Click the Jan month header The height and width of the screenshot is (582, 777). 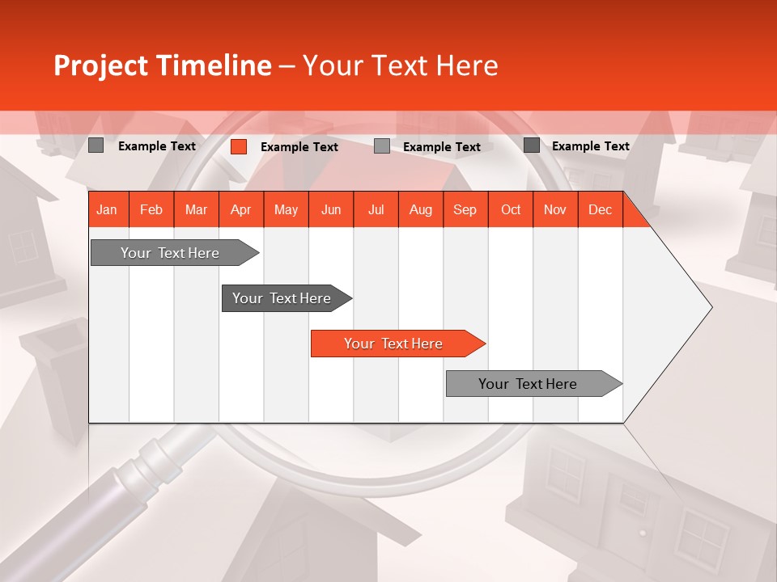(107, 210)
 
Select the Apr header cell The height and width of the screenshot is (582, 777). (240, 210)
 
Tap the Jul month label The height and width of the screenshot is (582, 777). (376, 210)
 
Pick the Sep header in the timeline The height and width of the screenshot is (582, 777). (465, 210)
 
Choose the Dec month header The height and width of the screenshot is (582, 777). (600, 210)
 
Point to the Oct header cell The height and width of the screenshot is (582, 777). (510, 210)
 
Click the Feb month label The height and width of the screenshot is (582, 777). (151, 210)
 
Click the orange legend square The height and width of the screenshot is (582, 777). (238, 146)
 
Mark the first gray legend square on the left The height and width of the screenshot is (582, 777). (96, 145)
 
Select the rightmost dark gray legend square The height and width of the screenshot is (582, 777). (531, 145)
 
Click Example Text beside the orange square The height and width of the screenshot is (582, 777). (299, 147)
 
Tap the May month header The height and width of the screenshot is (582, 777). (286, 210)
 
